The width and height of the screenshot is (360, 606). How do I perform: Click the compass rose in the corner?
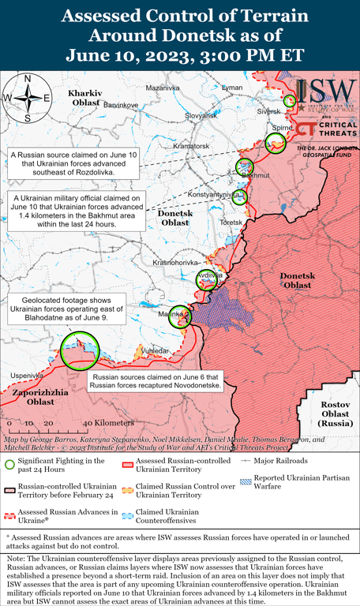click(28, 98)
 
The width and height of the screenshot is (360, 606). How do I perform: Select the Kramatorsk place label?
click(191, 146)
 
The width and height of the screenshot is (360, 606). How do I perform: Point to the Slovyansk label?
click(201, 115)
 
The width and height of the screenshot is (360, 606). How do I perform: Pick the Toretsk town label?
click(231, 223)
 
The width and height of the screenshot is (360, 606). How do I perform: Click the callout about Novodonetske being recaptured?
click(156, 382)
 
